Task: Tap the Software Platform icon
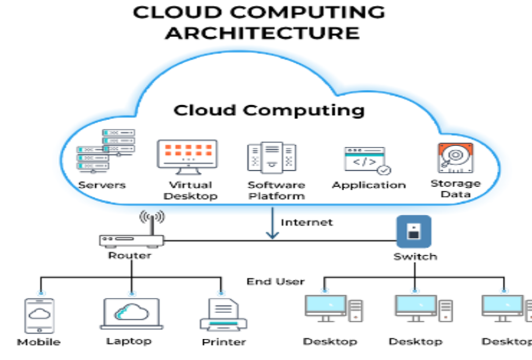(x=272, y=158)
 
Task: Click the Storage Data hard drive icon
(x=455, y=158)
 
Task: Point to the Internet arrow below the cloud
(x=272, y=223)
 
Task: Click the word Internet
(x=306, y=222)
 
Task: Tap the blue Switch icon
(x=414, y=232)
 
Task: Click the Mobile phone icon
(x=39, y=315)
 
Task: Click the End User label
(x=275, y=281)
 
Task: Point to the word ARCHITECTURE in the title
(x=262, y=32)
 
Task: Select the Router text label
(x=130, y=256)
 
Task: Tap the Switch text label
(x=415, y=257)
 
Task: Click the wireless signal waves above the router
(x=152, y=216)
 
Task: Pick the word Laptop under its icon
(x=129, y=341)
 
